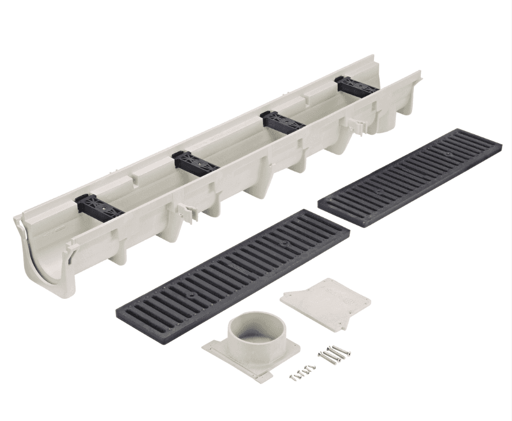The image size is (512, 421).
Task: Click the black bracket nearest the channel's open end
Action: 99,207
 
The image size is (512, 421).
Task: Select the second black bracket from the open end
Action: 195,163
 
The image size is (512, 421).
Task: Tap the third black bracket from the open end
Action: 282,121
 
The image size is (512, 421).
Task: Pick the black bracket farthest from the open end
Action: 356,86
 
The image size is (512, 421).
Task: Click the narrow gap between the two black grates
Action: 334,217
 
